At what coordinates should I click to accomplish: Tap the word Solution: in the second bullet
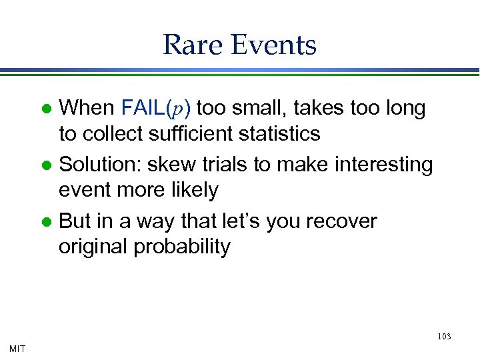[101, 164]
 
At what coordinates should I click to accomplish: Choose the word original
[93, 247]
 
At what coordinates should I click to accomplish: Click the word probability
[182, 247]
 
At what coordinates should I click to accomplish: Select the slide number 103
[444, 337]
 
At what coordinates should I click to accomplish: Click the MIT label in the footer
[18, 349]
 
